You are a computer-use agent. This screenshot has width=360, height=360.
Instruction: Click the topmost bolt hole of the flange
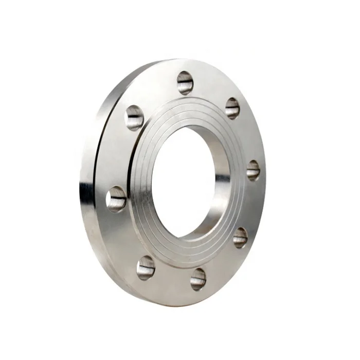[x=185, y=82]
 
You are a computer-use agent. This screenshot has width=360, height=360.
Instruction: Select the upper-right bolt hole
[x=232, y=108]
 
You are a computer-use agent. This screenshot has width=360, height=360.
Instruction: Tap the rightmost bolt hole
[x=253, y=170]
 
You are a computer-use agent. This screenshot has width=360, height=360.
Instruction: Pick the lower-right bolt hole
[x=240, y=237]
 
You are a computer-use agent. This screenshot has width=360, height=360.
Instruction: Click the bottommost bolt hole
[x=198, y=279]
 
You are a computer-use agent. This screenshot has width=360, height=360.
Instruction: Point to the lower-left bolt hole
[x=146, y=267]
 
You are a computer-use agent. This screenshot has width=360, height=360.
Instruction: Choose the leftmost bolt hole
[x=116, y=199]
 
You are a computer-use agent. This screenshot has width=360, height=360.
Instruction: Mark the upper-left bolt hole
[x=134, y=117]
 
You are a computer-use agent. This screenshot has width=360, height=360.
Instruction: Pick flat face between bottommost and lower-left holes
[x=170, y=280]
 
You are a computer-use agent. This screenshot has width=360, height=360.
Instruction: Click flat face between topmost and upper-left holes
[x=157, y=93]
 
